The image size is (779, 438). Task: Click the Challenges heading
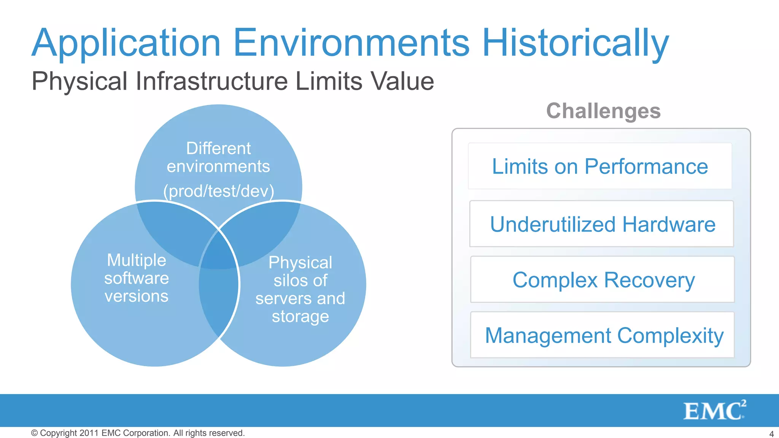pos(603,111)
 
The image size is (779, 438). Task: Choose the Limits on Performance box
pos(600,166)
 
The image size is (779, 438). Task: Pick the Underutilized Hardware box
pos(602,224)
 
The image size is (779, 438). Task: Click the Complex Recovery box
pos(603,280)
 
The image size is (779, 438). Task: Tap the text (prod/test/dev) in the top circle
pos(218,191)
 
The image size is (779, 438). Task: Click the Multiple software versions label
pos(137,278)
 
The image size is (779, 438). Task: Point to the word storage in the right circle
pos(300,316)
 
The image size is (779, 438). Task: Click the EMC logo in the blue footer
pos(714,411)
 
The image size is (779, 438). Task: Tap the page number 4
pos(771,434)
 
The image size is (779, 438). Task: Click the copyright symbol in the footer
pos(34,433)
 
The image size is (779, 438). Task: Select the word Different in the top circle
pos(218,148)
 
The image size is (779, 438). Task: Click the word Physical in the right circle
pos(300,262)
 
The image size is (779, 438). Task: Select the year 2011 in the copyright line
pos(89,433)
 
